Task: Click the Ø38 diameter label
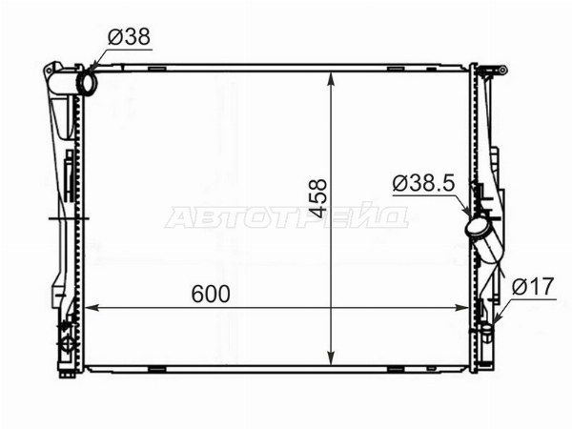pyautogui.click(x=129, y=37)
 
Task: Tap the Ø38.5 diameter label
pyautogui.click(x=423, y=183)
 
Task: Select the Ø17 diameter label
pyautogui.click(x=533, y=286)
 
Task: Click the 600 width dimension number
pyautogui.click(x=211, y=294)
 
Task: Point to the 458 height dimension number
pyautogui.click(x=317, y=198)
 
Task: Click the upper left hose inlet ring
pyautogui.click(x=87, y=84)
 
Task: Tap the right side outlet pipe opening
pyautogui.click(x=477, y=226)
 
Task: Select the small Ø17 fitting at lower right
pyautogui.click(x=486, y=330)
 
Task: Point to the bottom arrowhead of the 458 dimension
pyautogui.click(x=331, y=357)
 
